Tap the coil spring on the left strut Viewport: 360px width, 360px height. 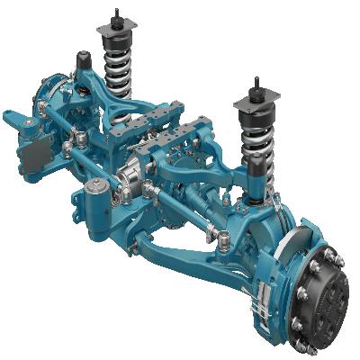(116, 71)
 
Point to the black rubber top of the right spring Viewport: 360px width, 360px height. (256, 118)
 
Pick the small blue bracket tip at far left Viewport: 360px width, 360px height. (8, 115)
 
